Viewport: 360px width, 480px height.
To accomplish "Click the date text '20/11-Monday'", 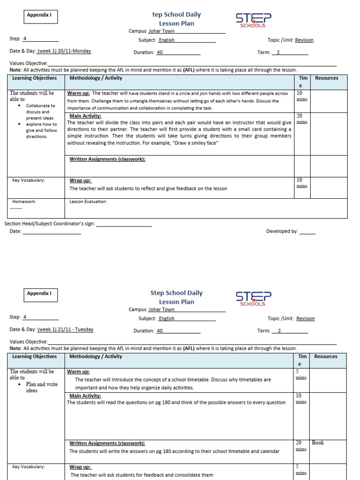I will click(x=74, y=51).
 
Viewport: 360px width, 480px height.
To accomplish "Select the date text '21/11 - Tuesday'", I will click(x=75, y=330).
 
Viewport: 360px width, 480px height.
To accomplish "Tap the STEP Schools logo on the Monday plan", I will click(x=253, y=20).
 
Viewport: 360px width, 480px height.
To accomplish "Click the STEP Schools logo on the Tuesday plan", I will click(x=253, y=299).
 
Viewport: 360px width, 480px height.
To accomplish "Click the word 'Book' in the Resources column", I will click(x=318, y=442).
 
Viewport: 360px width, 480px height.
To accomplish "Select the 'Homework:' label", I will click(x=24, y=202).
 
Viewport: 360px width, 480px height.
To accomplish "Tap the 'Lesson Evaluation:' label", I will click(x=88, y=202).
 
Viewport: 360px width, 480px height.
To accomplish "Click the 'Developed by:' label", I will click(x=282, y=231).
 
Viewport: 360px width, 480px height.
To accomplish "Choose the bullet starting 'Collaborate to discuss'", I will click(x=40, y=112).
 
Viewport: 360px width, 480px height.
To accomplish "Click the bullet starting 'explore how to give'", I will click(x=41, y=130).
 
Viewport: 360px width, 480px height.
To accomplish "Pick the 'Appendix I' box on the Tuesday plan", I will click(x=40, y=294).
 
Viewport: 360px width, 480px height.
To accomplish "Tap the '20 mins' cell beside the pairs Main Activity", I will click(x=301, y=119).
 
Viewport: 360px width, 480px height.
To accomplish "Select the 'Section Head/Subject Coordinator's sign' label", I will click(x=50, y=224).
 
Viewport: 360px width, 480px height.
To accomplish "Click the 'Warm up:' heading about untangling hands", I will click(x=78, y=93).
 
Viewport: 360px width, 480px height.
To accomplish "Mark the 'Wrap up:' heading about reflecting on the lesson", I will click(x=80, y=180).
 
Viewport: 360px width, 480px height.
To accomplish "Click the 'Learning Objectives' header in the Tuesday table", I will click(x=34, y=356).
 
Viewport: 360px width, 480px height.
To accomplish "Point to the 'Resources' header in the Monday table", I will click(x=326, y=78).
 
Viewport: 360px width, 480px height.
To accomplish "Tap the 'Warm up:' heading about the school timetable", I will click(x=78, y=372).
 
